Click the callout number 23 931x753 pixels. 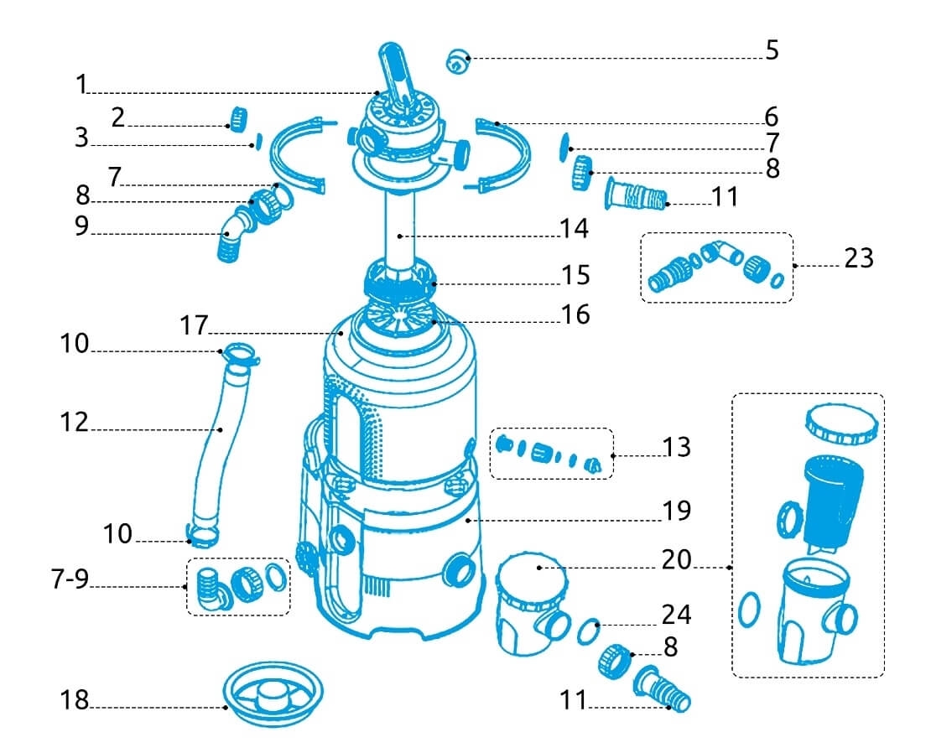coord(858,258)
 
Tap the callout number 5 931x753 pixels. coord(772,50)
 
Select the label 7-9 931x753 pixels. coord(70,579)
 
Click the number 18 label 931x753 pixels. coord(75,700)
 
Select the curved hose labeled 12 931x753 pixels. coord(216,453)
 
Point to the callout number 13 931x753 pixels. coord(676,447)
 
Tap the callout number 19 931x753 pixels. coord(676,510)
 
